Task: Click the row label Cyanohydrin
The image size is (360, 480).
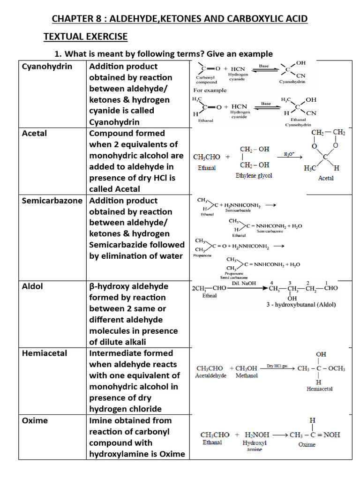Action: pyautogui.click(x=47, y=67)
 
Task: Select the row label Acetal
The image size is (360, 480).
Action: pyautogui.click(x=35, y=133)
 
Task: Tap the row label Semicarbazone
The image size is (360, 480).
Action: pyautogui.click(x=54, y=201)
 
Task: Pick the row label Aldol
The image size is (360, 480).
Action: pyautogui.click(x=32, y=286)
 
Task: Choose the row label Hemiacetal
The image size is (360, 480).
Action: pyautogui.click(x=45, y=353)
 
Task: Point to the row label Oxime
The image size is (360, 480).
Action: pyautogui.click(x=35, y=420)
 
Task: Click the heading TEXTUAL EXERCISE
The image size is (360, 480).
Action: pyautogui.click(x=85, y=37)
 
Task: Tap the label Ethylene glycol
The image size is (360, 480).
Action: pyautogui.click(x=254, y=176)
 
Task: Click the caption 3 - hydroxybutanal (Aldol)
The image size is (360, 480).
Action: pyautogui.click(x=301, y=304)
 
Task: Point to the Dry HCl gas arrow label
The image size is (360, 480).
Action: pyautogui.click(x=277, y=366)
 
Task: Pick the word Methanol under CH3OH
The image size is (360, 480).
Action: pyautogui.click(x=247, y=376)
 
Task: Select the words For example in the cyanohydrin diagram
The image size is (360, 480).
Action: pyautogui.click(x=210, y=90)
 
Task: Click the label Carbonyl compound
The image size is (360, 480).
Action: pyautogui.click(x=207, y=79)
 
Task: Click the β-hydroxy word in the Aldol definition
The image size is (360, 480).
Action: pyautogui.click(x=112, y=286)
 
